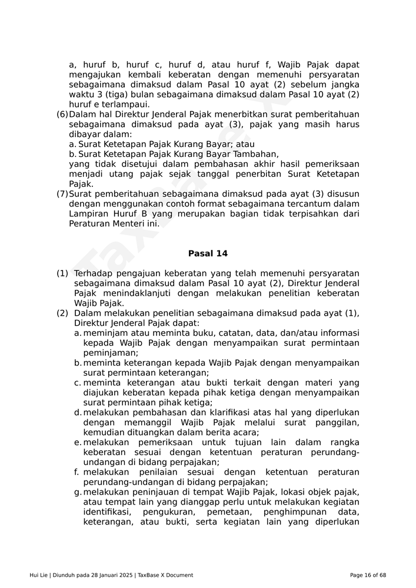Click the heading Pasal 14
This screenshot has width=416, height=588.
208,254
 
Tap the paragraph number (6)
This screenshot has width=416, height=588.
62,114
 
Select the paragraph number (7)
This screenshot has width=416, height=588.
62,194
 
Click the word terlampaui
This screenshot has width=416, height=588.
121,105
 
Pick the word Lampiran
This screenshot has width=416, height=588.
87,214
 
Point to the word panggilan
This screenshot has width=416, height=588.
337,423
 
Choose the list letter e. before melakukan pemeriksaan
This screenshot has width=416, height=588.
78,443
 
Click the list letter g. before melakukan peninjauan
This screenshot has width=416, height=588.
78,492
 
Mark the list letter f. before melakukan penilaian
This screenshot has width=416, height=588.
77,472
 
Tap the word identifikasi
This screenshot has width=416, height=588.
108,512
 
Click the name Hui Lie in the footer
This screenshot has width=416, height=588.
39,575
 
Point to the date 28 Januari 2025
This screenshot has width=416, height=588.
109,575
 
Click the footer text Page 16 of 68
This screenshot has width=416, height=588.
368,575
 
